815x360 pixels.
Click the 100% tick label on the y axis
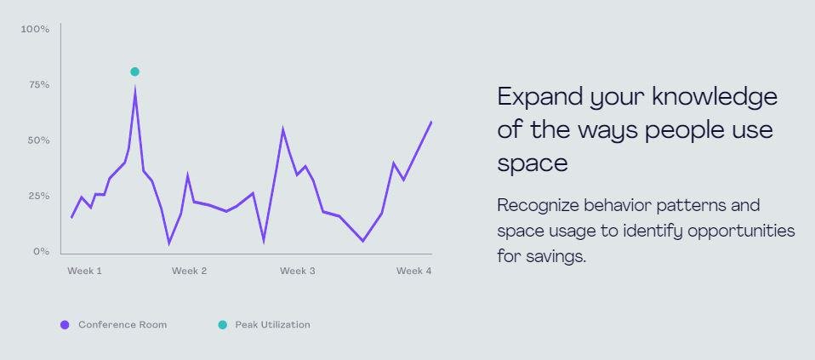[35, 29]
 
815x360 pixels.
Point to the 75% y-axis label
[38, 85]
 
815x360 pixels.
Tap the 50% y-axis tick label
[38, 140]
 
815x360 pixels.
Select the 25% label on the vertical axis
[38, 196]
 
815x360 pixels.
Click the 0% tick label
[41, 252]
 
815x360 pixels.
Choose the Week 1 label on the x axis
[84, 271]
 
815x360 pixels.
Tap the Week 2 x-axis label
[189, 271]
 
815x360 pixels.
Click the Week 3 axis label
[297, 271]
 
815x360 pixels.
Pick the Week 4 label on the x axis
[413, 271]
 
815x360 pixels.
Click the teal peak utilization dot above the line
[134, 71]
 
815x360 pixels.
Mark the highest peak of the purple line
[135, 90]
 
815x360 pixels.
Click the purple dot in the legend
[65, 325]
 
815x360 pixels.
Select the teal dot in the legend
[222, 325]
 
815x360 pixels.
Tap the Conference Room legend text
[123, 325]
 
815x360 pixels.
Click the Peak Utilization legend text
[272, 325]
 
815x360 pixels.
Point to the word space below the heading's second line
[533, 163]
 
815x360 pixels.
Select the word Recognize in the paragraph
[538, 206]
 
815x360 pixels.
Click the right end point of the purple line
[431, 122]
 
